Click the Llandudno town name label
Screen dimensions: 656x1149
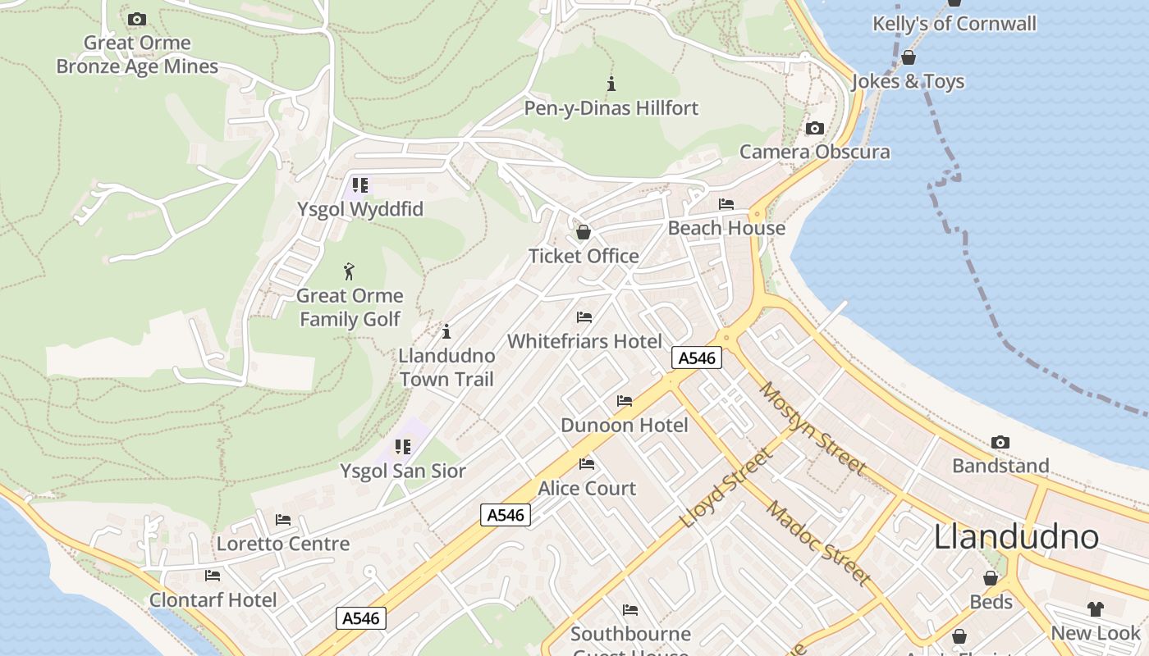(1016, 537)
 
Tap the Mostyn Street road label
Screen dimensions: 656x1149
(813, 428)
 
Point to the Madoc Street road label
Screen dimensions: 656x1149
(818, 542)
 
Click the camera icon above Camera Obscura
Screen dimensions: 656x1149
(815, 128)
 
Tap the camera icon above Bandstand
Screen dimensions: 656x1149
(1000, 443)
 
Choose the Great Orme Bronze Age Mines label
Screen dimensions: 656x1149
(137, 54)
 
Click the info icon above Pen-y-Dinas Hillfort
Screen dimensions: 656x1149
(611, 84)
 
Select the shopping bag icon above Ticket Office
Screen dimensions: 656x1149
(584, 232)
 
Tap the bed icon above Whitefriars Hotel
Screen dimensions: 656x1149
(584, 317)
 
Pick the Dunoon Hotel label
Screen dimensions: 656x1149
(625, 425)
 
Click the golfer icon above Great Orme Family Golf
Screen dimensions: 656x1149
(350, 271)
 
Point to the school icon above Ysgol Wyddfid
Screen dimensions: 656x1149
(360, 185)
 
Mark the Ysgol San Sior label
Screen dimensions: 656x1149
(403, 471)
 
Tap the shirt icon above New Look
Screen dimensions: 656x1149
(1096, 608)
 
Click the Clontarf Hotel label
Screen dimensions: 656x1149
(213, 599)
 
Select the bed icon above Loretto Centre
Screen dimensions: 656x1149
(283, 520)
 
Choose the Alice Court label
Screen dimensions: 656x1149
(587, 488)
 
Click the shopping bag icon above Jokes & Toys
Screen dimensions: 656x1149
(909, 57)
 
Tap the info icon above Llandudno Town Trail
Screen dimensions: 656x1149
(446, 331)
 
